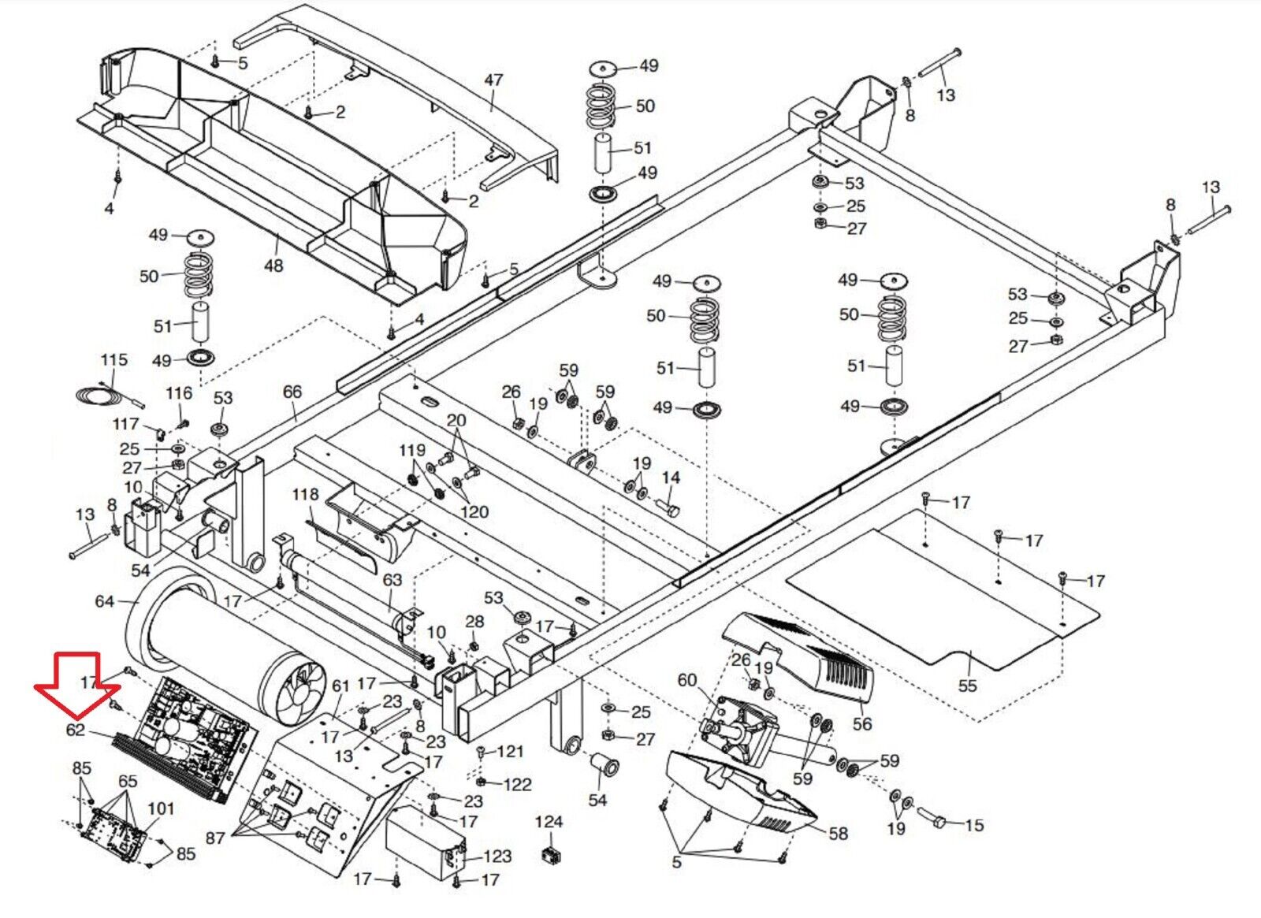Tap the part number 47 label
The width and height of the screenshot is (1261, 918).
493,80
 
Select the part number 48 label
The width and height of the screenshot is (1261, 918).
273,266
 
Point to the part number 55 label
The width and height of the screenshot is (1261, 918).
967,686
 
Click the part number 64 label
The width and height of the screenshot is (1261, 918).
105,601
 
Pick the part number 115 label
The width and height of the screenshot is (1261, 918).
113,360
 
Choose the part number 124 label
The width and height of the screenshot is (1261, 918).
549,823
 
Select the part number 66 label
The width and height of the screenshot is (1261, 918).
292,392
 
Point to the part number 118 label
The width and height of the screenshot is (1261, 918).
305,494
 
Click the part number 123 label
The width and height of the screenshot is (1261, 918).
497,856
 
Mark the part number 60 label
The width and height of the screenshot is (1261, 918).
687,679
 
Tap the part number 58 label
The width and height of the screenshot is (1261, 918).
838,833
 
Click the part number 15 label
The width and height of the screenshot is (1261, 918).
974,825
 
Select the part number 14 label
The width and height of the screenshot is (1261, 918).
671,478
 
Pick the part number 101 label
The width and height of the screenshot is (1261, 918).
161,808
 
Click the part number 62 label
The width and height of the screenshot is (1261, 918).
76,730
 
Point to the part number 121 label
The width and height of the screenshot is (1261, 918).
510,751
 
